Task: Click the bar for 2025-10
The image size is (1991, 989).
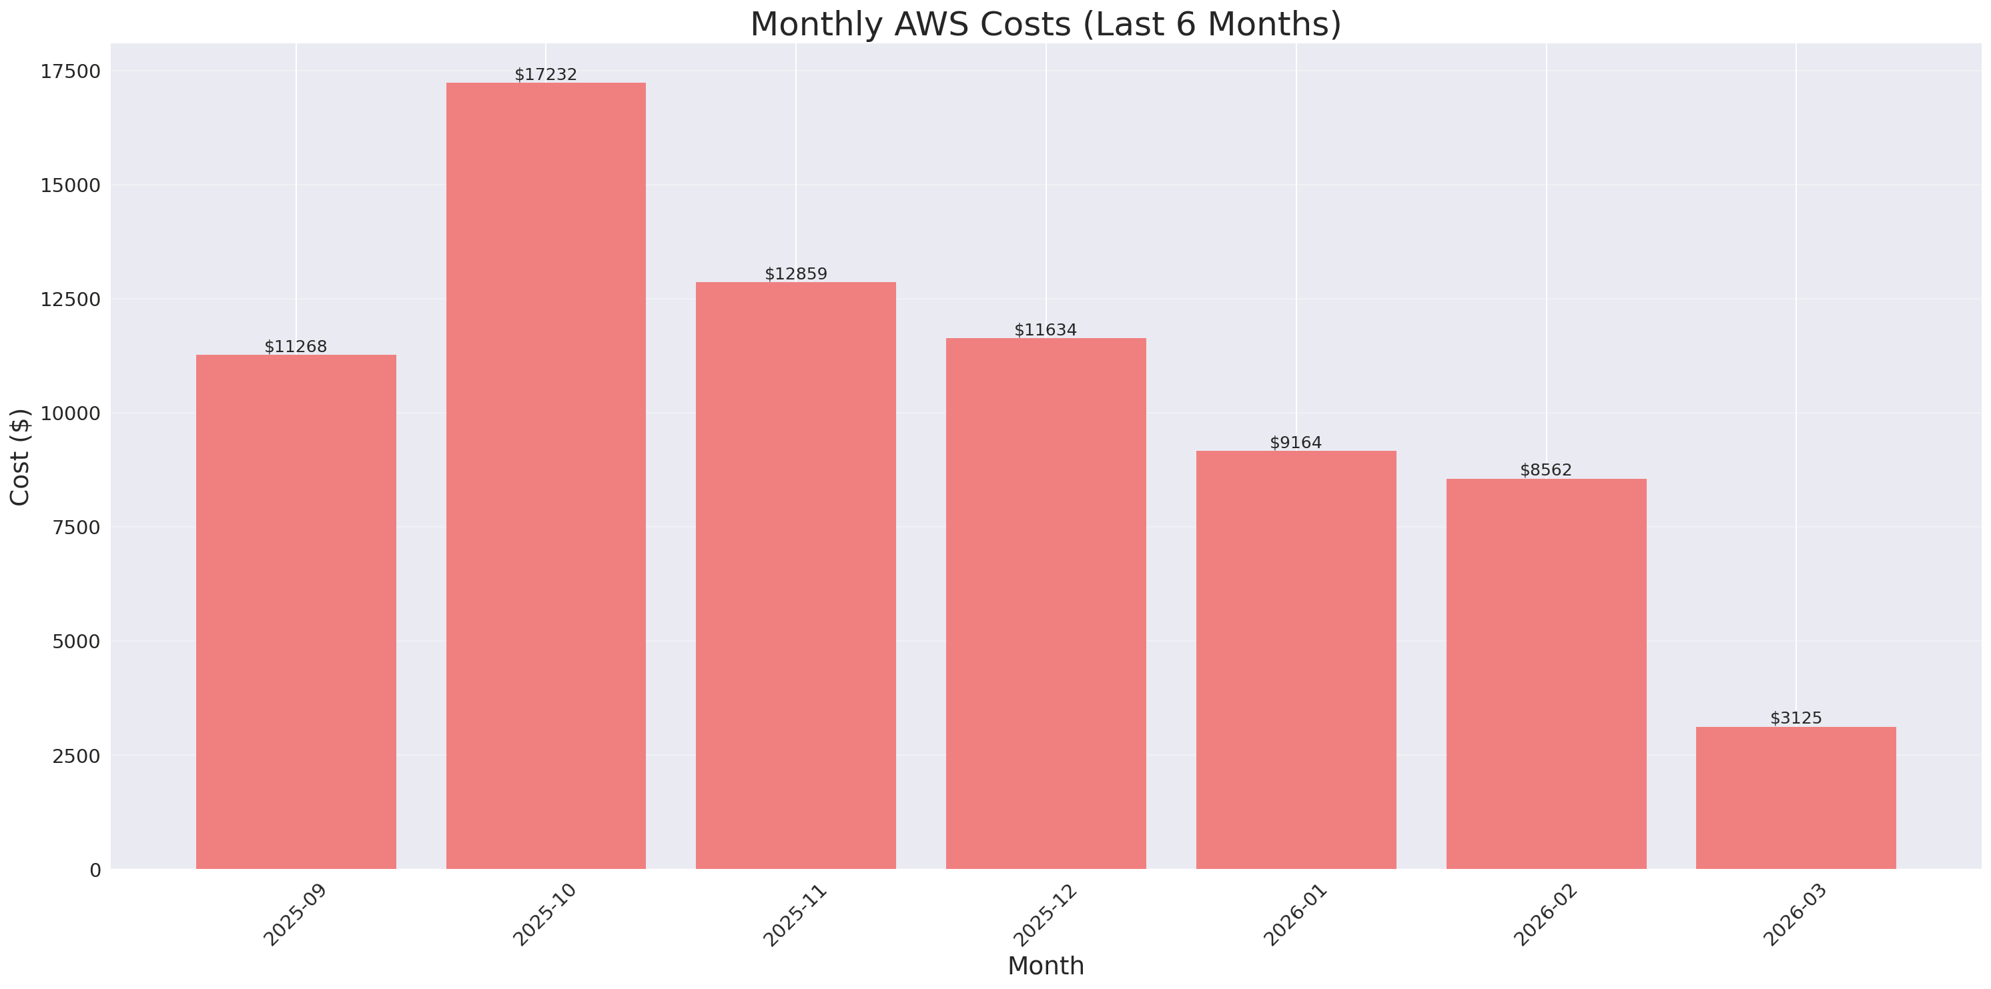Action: [546, 475]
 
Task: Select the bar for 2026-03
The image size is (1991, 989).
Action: [1796, 798]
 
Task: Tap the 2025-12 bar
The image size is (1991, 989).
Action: [1046, 603]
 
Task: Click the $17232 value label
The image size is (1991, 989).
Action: [546, 74]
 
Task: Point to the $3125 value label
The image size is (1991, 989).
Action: [1796, 718]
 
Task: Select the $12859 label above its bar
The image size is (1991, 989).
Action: [795, 273]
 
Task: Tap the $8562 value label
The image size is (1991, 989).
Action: [1546, 469]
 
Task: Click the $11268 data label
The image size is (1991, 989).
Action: [296, 346]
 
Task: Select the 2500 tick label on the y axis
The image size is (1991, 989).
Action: [76, 756]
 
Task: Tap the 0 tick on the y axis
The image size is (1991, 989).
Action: [95, 870]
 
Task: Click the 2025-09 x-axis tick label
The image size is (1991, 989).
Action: [296, 915]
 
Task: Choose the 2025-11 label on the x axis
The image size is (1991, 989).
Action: [795, 915]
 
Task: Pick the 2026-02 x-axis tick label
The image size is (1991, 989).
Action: [1546, 915]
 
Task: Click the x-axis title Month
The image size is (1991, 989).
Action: [1046, 966]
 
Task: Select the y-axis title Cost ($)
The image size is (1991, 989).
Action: [20, 457]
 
